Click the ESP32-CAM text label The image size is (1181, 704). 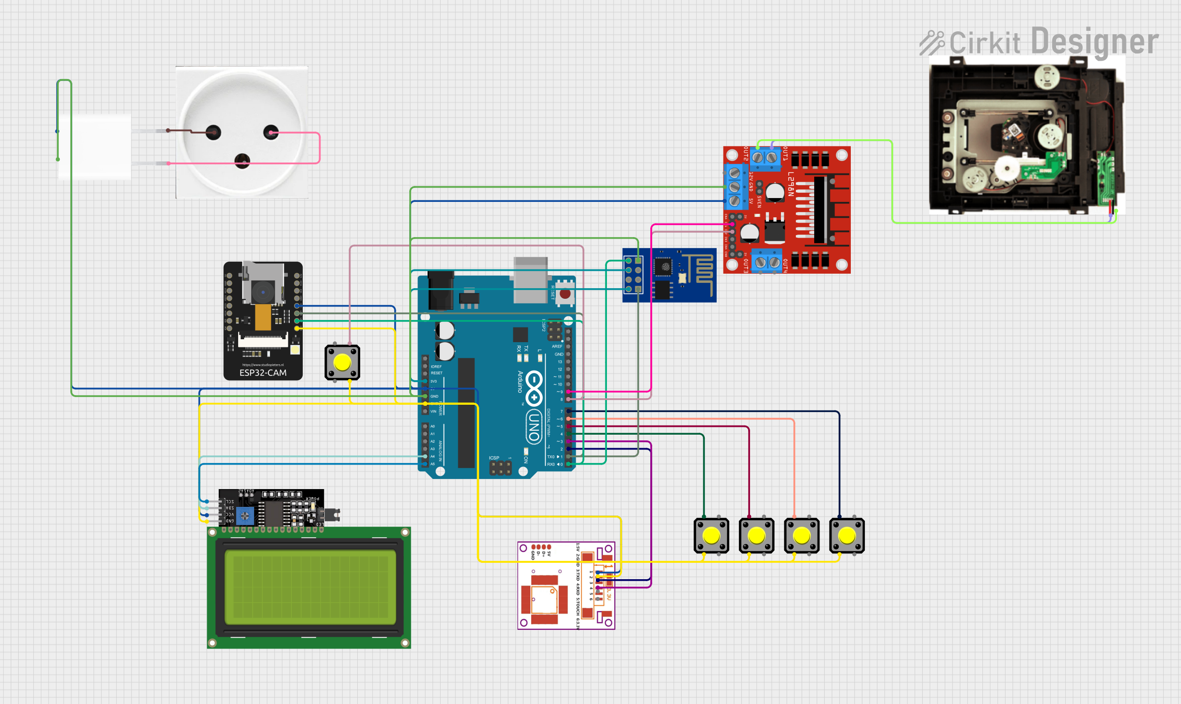click(263, 372)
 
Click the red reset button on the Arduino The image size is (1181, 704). click(565, 293)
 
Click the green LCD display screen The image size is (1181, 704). click(309, 587)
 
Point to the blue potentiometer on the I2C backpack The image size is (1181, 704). click(245, 516)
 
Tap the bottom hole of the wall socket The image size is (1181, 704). click(242, 160)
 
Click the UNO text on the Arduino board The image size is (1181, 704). click(534, 427)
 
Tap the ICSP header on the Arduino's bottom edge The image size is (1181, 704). click(500, 467)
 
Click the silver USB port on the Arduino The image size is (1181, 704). click(530, 279)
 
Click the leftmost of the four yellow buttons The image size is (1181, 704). click(711, 535)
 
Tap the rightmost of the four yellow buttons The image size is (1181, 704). click(846, 535)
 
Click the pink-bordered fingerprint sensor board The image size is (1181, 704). click(566, 585)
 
